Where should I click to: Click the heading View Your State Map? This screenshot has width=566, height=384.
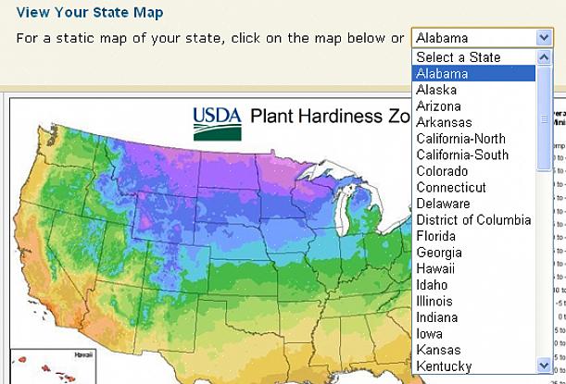90,13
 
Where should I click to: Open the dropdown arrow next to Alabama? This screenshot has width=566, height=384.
544,38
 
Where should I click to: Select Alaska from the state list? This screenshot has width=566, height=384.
436,90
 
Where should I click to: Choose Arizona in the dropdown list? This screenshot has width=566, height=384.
439,106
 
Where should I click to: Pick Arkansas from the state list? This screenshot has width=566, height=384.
444,122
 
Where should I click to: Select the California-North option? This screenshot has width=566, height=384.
461,139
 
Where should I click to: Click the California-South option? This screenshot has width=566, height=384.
462,155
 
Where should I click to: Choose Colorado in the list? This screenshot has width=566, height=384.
442,171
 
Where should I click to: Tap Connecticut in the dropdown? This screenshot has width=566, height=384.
451,187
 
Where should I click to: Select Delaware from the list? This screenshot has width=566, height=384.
443,204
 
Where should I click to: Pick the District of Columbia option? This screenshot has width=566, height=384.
473,219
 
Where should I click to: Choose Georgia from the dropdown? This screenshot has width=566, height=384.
438,252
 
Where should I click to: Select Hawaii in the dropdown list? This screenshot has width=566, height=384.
435,268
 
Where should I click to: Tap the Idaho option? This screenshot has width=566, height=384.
432,285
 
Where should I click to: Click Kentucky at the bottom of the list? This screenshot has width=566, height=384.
444,366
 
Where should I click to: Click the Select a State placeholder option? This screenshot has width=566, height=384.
458,57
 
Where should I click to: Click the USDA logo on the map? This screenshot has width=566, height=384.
217,121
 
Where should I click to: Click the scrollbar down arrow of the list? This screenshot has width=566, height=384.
545,365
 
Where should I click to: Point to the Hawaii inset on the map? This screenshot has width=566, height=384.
36,366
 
